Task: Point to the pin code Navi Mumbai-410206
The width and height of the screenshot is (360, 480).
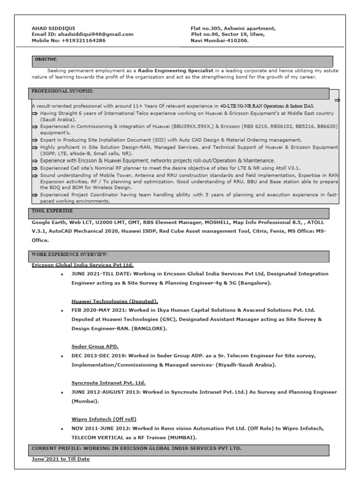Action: point(219,40)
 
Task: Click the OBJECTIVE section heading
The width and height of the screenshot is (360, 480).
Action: point(46,60)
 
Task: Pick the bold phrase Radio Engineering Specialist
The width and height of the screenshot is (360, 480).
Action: point(175,70)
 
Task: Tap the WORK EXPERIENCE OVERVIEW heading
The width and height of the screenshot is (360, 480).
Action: point(70,254)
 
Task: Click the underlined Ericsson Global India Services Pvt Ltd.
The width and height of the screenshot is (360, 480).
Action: point(82,265)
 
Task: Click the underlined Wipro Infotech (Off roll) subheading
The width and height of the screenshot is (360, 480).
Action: point(104,419)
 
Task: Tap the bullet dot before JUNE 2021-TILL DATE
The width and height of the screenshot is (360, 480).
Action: point(62,274)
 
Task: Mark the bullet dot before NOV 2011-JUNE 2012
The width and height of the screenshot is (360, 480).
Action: point(62,429)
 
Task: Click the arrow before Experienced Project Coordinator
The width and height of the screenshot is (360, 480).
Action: point(35,195)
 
